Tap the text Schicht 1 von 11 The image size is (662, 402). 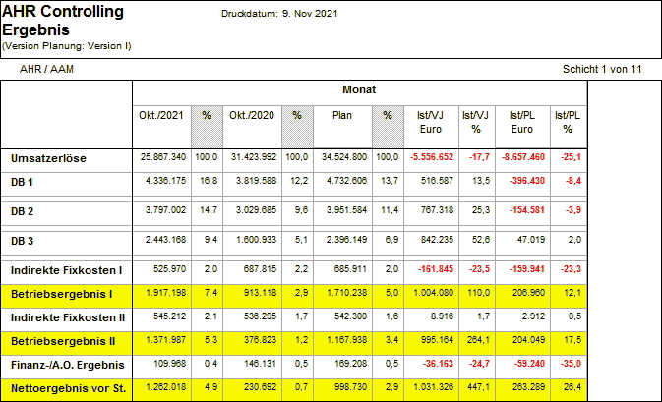click(x=602, y=70)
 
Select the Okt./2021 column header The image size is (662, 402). click(x=162, y=117)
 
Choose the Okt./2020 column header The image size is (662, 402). click(x=252, y=117)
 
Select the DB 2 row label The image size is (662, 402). click(x=23, y=211)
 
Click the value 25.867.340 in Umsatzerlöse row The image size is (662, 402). click(x=164, y=157)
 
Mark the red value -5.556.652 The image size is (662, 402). click(x=429, y=157)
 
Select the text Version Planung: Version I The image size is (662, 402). click(x=66, y=45)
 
